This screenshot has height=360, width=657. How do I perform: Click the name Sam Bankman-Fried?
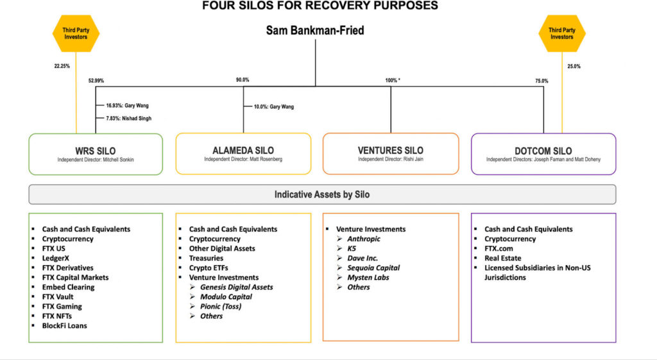[x=315, y=30]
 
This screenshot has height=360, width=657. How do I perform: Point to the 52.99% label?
[x=96, y=81]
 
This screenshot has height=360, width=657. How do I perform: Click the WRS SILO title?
[x=96, y=151]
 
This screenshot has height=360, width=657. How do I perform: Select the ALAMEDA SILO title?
[x=243, y=151]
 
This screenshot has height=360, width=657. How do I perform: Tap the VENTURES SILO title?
[x=390, y=150]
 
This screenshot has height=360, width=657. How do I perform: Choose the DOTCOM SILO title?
[x=543, y=151]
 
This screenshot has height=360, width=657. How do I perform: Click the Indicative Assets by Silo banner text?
[x=322, y=194]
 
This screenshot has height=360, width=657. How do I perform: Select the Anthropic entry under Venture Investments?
[x=364, y=239]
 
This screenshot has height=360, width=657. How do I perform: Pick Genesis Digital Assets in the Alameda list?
[x=236, y=287]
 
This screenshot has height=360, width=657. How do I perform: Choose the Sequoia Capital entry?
[x=373, y=268]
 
